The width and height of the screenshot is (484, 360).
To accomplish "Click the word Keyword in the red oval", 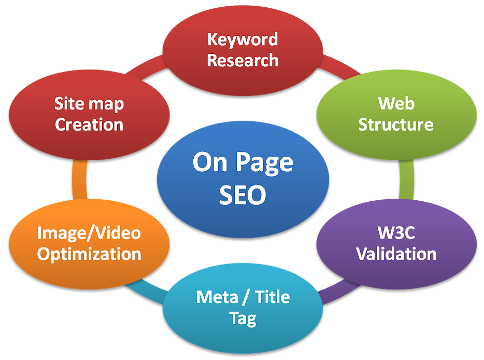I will click(243, 39).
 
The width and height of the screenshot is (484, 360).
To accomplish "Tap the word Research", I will click(243, 60).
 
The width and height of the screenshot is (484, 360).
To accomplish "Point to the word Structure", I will click(396, 124).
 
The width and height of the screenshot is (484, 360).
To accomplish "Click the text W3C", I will click(396, 232).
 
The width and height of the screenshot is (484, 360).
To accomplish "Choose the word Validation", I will click(396, 254).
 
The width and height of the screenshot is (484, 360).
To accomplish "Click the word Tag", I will click(243, 318).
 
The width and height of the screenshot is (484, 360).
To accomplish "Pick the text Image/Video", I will click(89, 232).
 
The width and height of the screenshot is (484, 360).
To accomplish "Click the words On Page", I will click(243, 162).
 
